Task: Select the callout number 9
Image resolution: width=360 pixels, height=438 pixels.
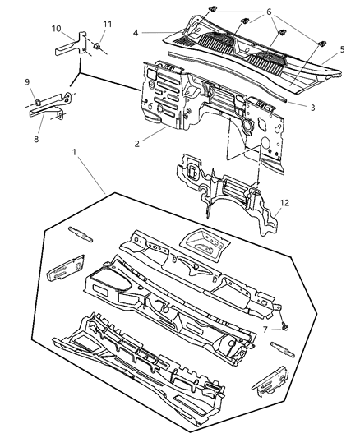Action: (27, 81)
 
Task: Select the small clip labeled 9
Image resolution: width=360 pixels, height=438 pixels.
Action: (39, 102)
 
